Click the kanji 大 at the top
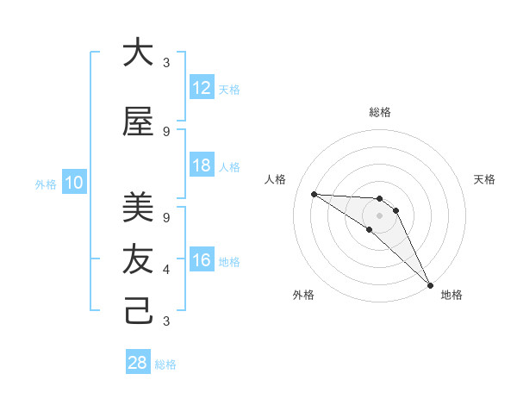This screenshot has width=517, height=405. (x=138, y=53)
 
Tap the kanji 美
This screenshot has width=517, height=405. (x=138, y=207)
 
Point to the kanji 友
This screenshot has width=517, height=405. (x=138, y=259)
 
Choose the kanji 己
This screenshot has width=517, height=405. (x=138, y=311)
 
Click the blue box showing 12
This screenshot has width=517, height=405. (x=201, y=88)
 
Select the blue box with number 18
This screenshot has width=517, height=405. (x=201, y=165)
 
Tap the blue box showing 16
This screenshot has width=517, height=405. (x=201, y=261)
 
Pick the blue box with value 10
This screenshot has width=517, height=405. (x=73, y=183)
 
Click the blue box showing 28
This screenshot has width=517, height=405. (x=138, y=363)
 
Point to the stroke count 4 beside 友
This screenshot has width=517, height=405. (x=166, y=270)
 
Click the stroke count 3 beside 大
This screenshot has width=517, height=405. (x=166, y=63)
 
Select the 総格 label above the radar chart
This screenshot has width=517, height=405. (x=379, y=112)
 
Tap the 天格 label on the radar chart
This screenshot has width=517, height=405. (x=484, y=179)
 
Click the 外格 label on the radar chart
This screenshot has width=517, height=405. (x=303, y=295)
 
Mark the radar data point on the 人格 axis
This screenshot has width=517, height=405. (x=314, y=194)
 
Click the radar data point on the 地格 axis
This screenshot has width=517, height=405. (x=430, y=284)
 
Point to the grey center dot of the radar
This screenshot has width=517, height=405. (x=379, y=215)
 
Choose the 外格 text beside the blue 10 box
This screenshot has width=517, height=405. (x=46, y=184)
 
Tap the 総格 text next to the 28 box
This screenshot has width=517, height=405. (x=165, y=364)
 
